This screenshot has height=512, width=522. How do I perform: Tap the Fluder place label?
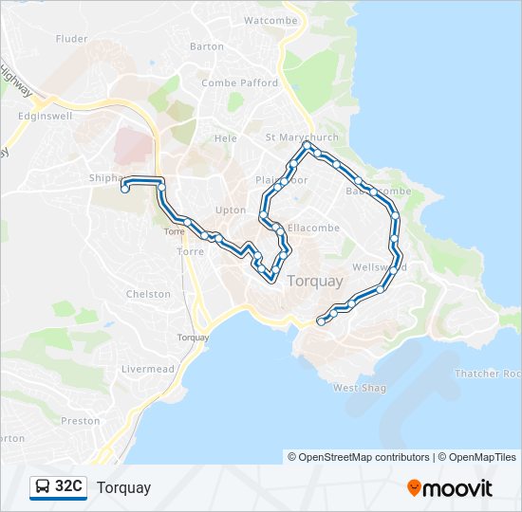[x=72, y=39]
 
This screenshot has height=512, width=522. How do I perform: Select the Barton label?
[x=207, y=46]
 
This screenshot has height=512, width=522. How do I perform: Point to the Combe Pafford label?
[x=239, y=83]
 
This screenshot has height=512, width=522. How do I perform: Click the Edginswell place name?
[x=47, y=116]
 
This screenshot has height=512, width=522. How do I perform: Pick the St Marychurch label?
[x=302, y=137]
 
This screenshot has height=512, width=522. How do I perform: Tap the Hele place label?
[x=226, y=138]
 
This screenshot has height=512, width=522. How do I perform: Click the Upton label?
[x=231, y=210]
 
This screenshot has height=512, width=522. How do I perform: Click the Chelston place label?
[x=149, y=295]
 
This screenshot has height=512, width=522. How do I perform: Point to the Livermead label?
[x=148, y=369]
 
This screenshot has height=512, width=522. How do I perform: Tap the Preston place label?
[x=81, y=421]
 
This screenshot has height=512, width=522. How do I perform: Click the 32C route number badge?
[x=68, y=487]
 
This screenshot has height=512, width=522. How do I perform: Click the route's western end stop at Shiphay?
[x=124, y=191]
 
